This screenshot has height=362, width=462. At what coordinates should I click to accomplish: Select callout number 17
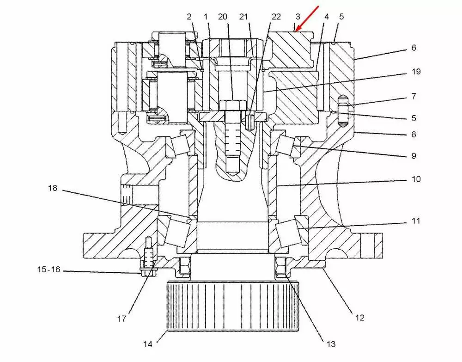point(122,319)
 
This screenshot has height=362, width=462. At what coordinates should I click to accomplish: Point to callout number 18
point(54,188)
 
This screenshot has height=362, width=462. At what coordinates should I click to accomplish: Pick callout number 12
point(360,318)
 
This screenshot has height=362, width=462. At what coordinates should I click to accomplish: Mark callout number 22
point(276,17)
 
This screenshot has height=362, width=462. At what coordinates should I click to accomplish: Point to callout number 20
point(223,17)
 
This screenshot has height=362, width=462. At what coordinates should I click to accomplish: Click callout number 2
point(189,17)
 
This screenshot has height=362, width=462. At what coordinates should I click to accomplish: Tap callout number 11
point(416,221)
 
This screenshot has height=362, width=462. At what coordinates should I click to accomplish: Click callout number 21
point(245,17)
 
